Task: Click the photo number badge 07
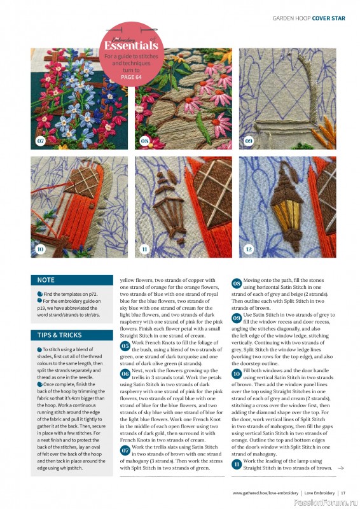40,140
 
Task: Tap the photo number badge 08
144,140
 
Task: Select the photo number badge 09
249,140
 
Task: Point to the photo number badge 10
40,249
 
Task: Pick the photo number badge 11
144,249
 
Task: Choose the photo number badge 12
249,249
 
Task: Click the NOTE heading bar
72,280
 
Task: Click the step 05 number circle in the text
125,345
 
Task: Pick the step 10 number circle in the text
237,374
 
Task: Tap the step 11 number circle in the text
237,466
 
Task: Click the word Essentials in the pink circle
131,46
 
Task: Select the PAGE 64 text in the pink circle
132,77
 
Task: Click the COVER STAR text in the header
329,18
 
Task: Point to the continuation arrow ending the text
341,468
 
